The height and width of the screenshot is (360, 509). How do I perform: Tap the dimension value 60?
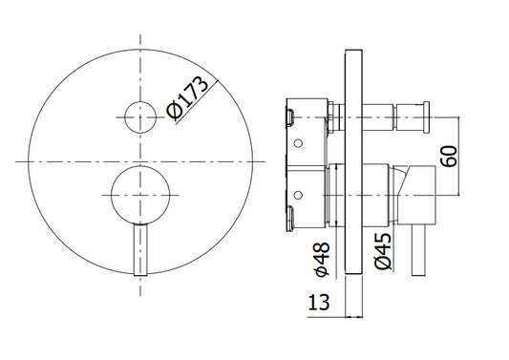tap(449, 157)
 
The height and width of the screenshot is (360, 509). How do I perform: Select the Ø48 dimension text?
tap(323, 260)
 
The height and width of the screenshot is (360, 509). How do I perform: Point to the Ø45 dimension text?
tap(383, 251)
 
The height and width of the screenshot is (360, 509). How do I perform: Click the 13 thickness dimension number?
tap(318, 303)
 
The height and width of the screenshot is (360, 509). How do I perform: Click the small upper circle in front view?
tap(140, 117)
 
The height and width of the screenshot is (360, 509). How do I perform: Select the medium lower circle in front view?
tap(140, 195)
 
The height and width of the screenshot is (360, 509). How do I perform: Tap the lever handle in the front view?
tap(140, 249)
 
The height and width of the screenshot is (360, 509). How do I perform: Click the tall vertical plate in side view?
tap(353, 162)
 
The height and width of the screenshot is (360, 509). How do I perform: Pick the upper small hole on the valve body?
tap(298, 143)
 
